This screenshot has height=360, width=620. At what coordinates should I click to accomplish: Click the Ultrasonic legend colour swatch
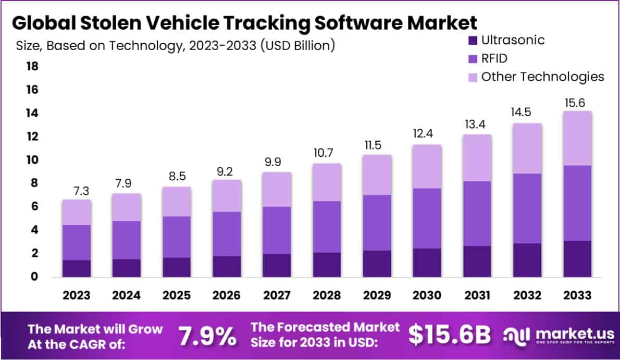click(473, 40)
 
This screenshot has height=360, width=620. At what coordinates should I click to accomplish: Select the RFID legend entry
click(494, 58)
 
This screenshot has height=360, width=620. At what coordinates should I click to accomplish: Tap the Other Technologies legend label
click(542, 77)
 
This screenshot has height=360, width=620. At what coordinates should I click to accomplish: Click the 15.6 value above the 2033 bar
click(577, 104)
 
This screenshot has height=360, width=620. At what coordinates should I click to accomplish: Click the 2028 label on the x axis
click(327, 295)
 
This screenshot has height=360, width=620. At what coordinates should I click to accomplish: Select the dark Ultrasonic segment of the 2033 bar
click(577, 258)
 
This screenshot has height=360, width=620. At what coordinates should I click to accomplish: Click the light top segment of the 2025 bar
click(177, 202)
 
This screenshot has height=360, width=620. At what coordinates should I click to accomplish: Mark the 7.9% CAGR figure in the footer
click(207, 336)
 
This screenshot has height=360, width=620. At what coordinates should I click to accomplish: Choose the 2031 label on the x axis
click(477, 295)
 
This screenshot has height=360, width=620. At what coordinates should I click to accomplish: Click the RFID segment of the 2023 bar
click(76, 242)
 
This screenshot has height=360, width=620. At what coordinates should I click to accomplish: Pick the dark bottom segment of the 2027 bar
click(277, 265)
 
